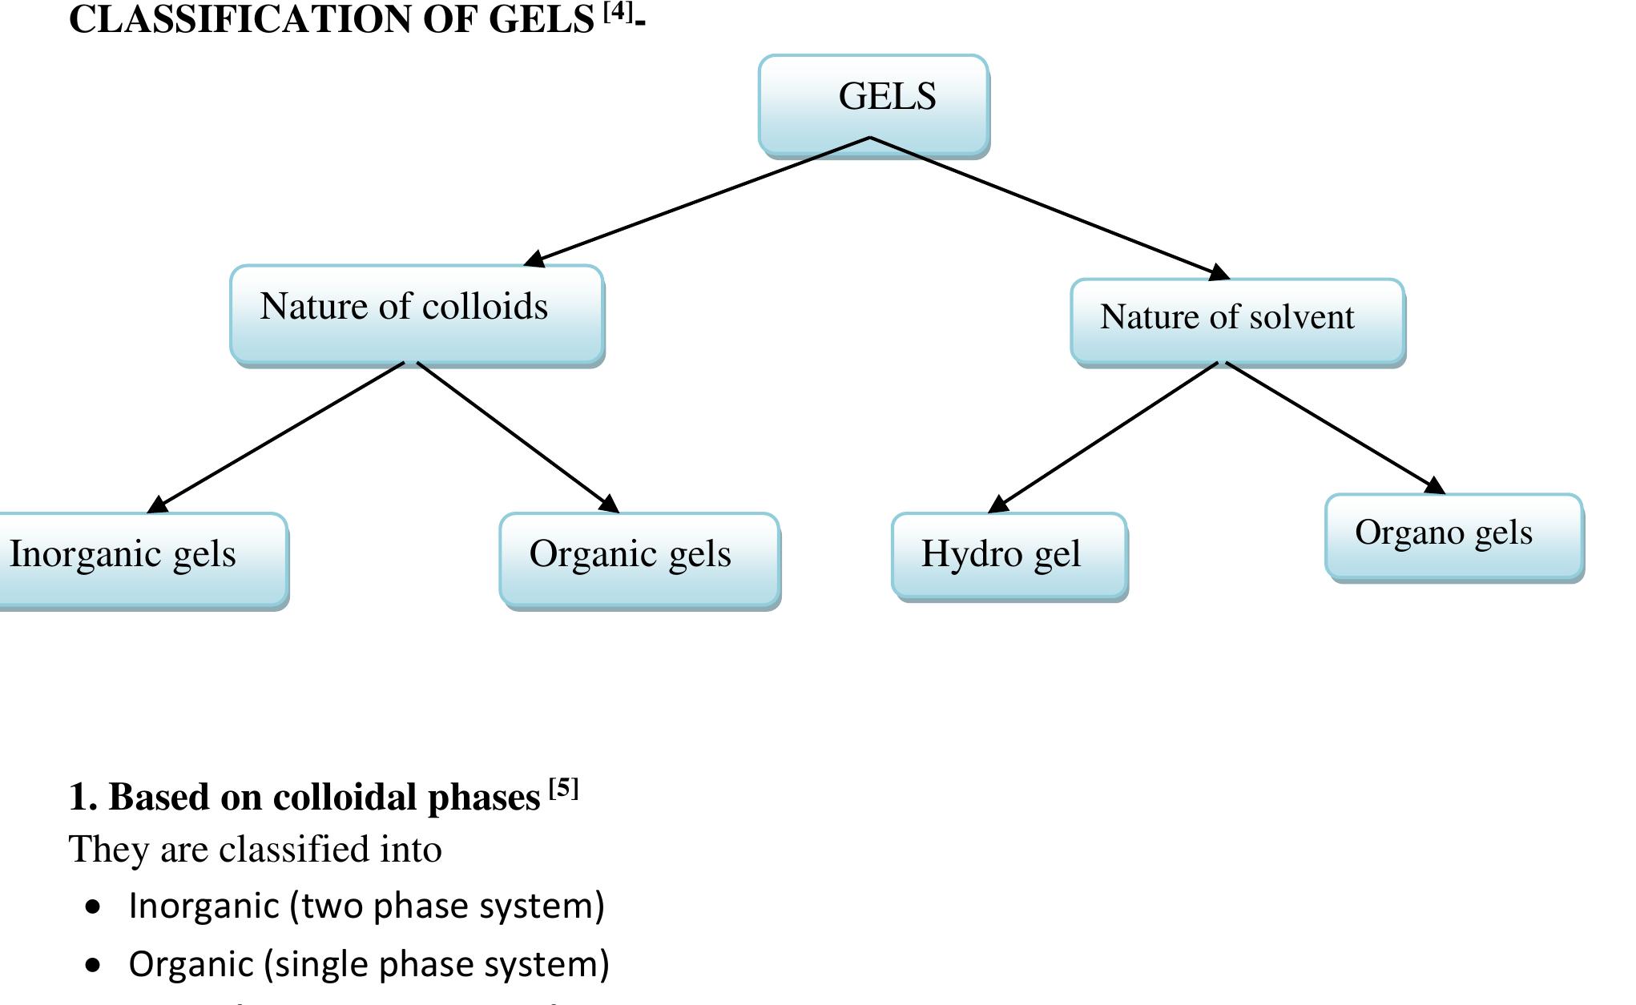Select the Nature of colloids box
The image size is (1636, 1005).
pyautogui.click(x=417, y=313)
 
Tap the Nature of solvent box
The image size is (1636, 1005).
pyautogui.click(x=1237, y=320)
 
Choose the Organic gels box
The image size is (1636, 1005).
pyautogui.click(x=639, y=558)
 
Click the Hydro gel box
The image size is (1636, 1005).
pyautogui.click(x=1009, y=555)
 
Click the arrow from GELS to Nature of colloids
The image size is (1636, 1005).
pyautogui.click(x=697, y=200)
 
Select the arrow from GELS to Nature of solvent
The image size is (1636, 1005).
pyautogui.click(x=1050, y=208)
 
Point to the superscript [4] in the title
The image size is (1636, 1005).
pyautogui.click(x=618, y=11)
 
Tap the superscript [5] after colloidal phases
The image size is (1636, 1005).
pyautogui.click(x=563, y=789)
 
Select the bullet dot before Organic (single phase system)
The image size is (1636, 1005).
pyautogui.click(x=95, y=965)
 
